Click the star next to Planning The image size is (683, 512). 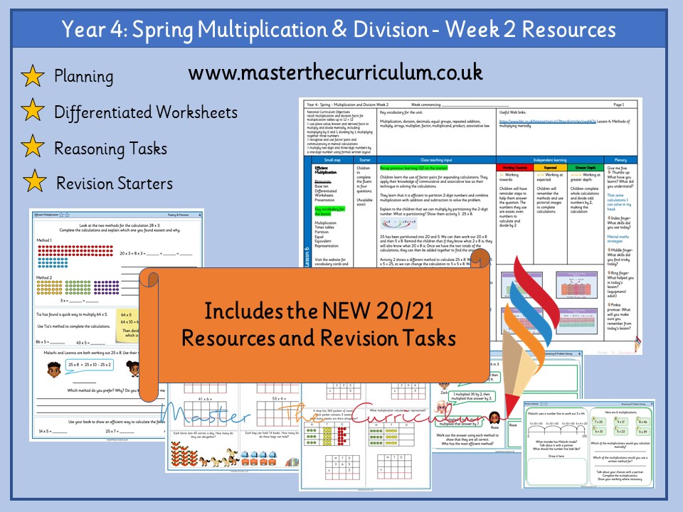click(x=32, y=76)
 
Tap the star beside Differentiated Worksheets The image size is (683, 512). click(x=32, y=112)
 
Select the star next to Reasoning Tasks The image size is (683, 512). click(x=32, y=147)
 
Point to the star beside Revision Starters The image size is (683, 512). click(x=32, y=183)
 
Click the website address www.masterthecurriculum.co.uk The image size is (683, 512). click(x=336, y=73)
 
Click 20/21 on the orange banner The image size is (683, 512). click(x=379, y=312)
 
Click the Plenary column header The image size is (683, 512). click(x=622, y=161)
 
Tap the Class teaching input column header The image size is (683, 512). click(x=435, y=161)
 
